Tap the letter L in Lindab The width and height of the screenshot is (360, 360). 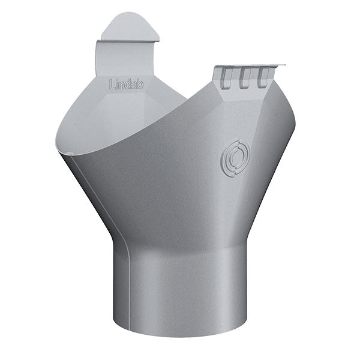(x=112, y=84)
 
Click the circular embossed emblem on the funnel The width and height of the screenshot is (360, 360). (x=235, y=158)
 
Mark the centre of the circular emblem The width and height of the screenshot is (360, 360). (x=235, y=158)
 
